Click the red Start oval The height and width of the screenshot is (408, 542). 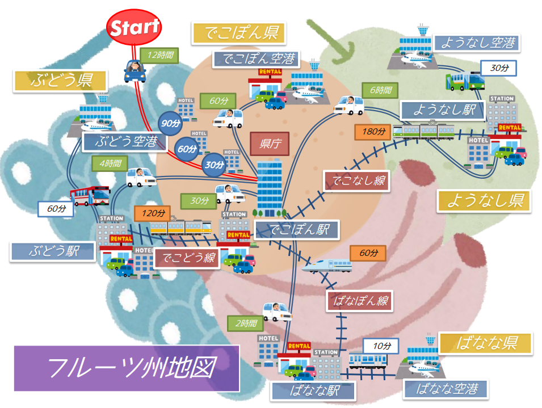[x=134, y=27]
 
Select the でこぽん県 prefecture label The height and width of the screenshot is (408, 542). [x=238, y=33]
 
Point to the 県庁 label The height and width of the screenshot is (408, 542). [x=270, y=142]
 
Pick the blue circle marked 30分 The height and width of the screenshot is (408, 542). [x=213, y=165]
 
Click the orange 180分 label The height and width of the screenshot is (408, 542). [x=373, y=132]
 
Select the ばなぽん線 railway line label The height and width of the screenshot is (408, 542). [x=360, y=301]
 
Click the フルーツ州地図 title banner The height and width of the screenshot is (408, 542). [x=127, y=368]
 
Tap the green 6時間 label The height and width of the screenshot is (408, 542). [x=380, y=90]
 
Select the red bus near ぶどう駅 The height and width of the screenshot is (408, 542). [x=90, y=196]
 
